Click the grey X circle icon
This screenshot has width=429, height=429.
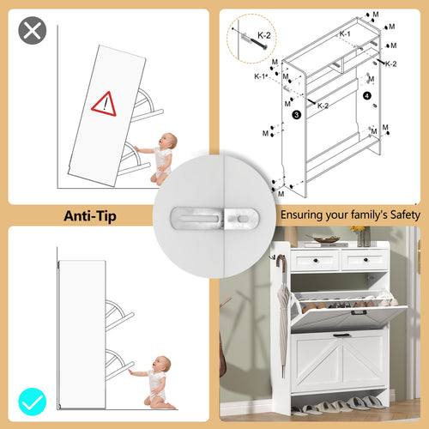33,30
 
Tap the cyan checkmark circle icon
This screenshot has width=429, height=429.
33,402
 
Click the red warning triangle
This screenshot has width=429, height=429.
104,104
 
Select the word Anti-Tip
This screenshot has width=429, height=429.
90,216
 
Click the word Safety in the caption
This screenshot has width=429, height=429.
405,214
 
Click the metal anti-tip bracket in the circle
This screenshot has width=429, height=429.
215,219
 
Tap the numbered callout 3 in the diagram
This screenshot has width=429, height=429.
297,115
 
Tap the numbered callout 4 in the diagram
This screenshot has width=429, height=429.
367,96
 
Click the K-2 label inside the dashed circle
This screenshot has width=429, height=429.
263,35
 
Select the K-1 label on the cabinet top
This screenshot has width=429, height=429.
345,33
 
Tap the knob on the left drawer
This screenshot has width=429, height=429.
316,261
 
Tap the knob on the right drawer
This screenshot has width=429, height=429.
366,260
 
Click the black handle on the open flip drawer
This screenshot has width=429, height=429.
359,312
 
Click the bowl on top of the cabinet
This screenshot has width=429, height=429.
326,239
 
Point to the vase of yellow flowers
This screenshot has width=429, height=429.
361,236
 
